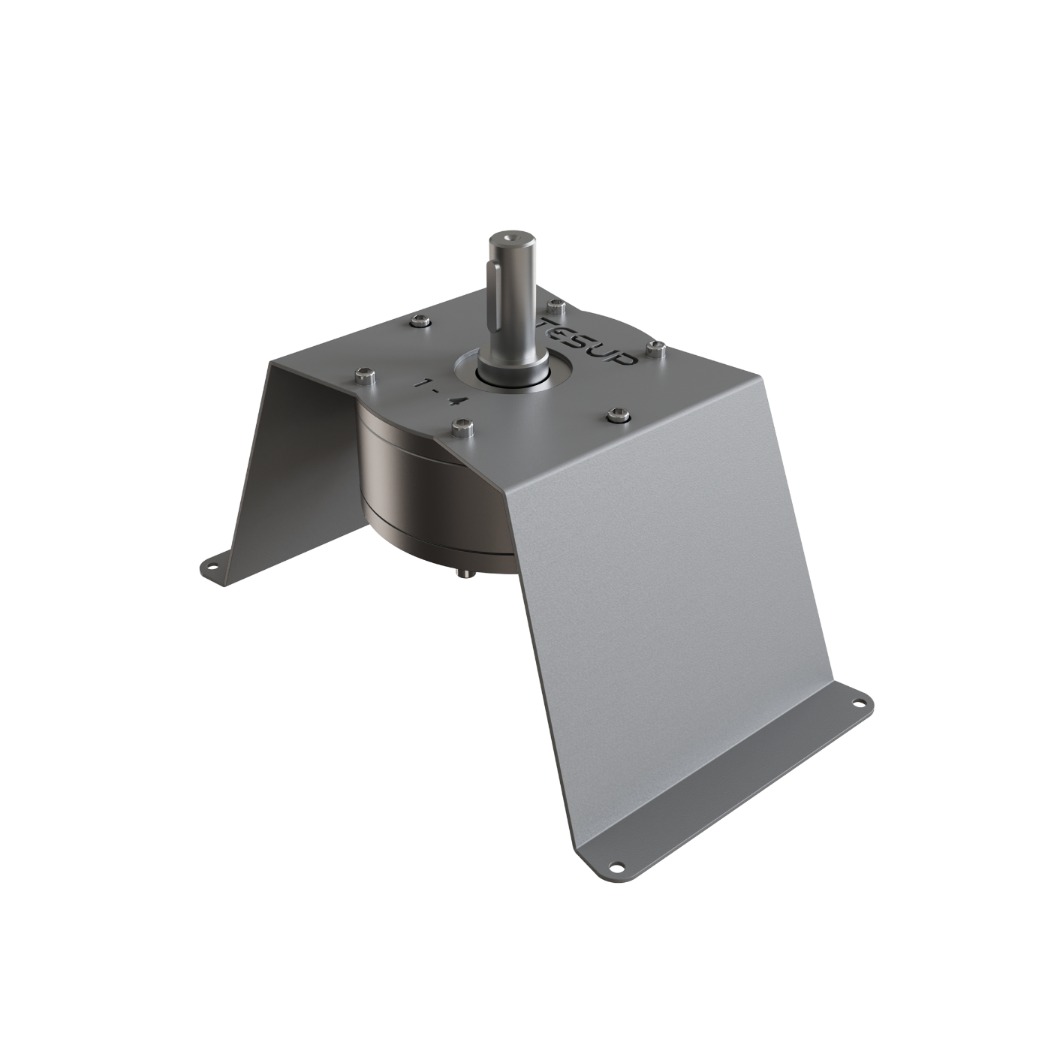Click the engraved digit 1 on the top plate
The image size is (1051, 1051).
427,384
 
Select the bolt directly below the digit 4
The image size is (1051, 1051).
460,428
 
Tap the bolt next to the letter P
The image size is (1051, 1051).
657,347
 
